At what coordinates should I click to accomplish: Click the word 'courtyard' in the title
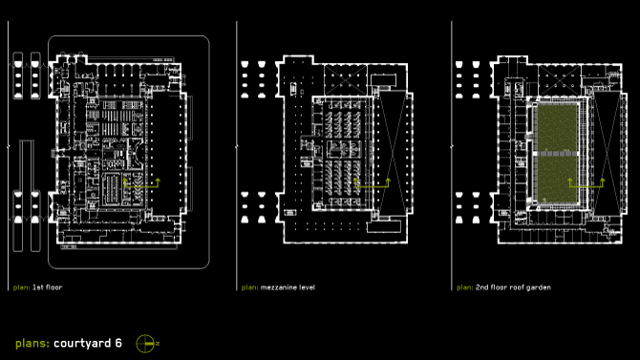tap(82, 344)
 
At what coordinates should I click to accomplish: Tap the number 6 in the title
tap(118, 343)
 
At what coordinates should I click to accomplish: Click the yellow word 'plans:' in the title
tap(32, 344)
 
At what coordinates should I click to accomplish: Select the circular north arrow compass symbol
tap(145, 344)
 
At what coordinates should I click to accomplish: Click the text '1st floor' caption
tap(48, 287)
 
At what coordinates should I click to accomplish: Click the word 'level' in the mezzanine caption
tap(307, 287)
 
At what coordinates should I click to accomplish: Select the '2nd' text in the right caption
tap(482, 287)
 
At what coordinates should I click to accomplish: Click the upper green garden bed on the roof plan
tap(557, 128)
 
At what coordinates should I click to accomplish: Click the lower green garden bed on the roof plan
tap(557, 180)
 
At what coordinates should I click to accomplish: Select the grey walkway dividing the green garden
tap(557, 154)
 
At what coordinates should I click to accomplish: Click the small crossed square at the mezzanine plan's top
tap(345, 79)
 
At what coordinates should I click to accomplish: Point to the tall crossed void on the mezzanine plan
tap(393, 152)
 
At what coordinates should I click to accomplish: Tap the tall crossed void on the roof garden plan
tap(608, 152)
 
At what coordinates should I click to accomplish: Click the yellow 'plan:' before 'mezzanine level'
tap(250, 287)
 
